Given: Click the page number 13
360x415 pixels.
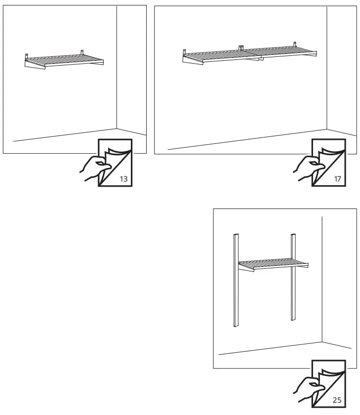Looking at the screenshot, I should click(123, 179).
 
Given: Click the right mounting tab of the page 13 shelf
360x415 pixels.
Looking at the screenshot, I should click(82, 52).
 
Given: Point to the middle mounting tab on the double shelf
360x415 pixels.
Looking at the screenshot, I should click(241, 47).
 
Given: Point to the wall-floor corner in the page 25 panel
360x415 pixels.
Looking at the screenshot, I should click(322, 341).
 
